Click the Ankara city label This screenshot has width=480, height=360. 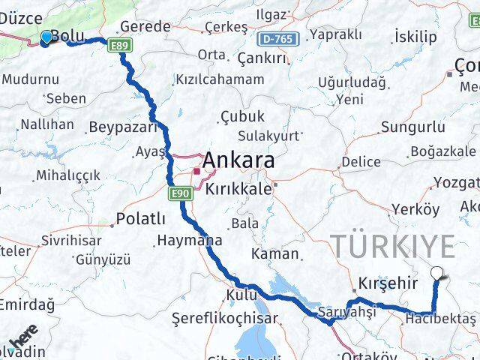(x=238, y=160)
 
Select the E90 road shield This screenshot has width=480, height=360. (x=180, y=194)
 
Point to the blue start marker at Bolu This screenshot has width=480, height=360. (x=46, y=37)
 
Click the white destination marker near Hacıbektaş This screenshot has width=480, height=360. (x=436, y=274)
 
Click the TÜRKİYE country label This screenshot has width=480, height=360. (x=393, y=246)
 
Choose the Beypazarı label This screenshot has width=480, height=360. (x=121, y=127)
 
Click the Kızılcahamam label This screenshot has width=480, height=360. (x=219, y=79)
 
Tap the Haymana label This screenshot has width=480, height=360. (x=189, y=241)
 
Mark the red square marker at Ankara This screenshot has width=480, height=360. (x=196, y=171)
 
